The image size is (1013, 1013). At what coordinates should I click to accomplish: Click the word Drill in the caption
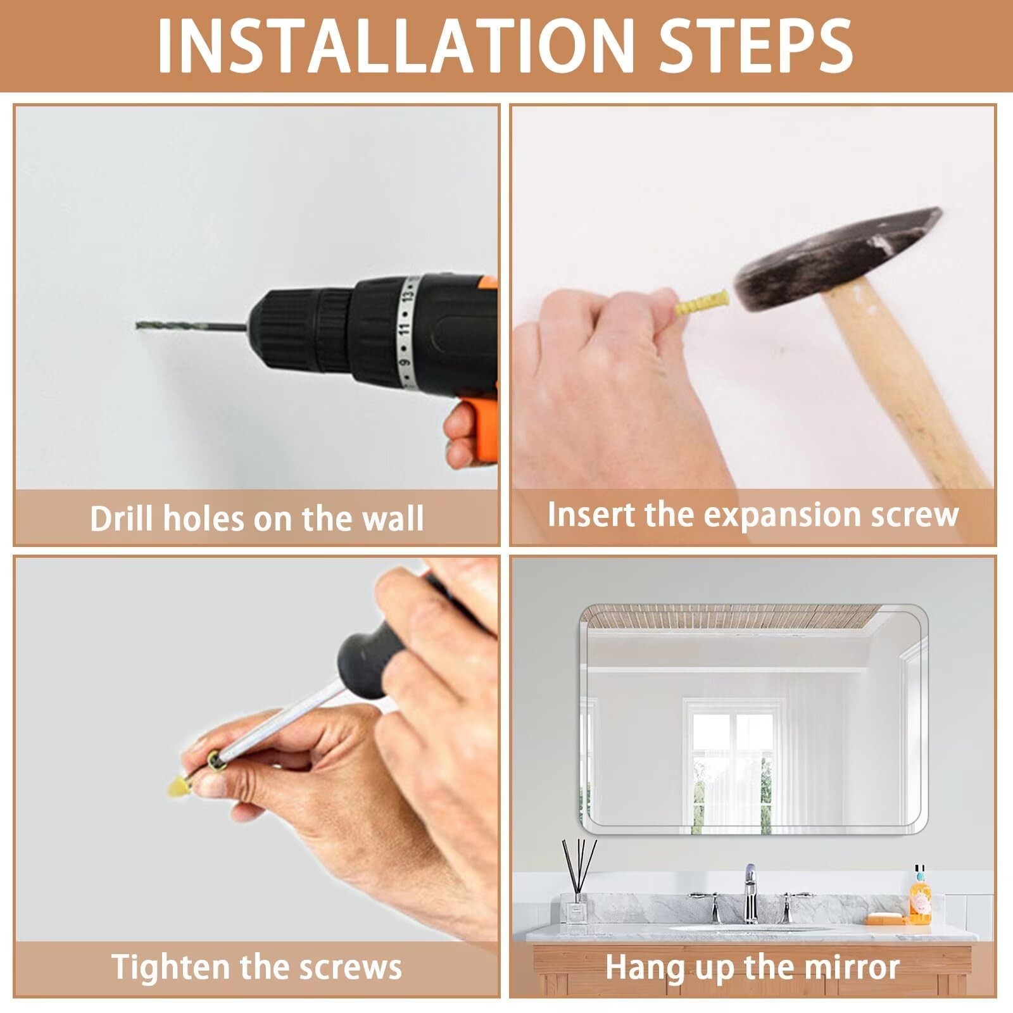pyautogui.click(x=122, y=518)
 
